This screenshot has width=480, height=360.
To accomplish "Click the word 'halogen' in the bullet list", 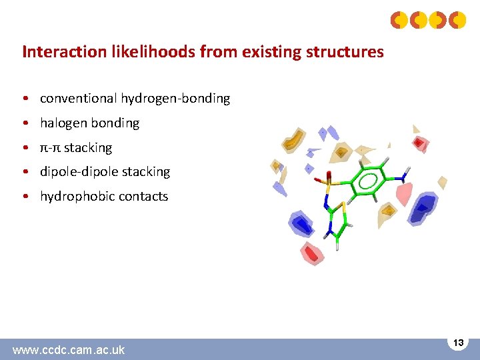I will [x=63, y=123].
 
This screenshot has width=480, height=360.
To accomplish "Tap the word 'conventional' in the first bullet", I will [x=79, y=99].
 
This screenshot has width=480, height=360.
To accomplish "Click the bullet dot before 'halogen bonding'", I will [x=25, y=123].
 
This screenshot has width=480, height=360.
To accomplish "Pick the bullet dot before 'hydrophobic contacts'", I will [x=25, y=197].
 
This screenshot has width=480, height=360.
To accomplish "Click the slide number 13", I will [x=458, y=342].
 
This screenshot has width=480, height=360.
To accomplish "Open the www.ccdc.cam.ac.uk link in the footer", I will [x=69, y=349].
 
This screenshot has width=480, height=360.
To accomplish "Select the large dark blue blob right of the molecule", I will [x=422, y=209].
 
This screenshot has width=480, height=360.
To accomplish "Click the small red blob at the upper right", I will [x=419, y=142].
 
